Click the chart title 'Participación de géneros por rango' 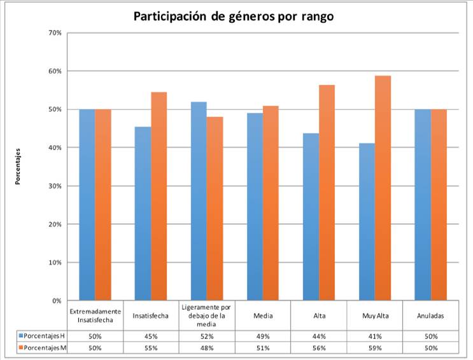click(x=233, y=17)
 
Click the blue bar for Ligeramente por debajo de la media click(x=199, y=201)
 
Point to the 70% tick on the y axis click(x=55, y=32)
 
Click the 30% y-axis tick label click(x=55, y=186)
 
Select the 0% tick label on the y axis click(x=57, y=300)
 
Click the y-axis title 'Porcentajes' click(x=19, y=166)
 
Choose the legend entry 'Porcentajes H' click(x=41, y=335)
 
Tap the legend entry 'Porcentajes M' click(x=41, y=347)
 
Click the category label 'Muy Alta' click(x=374, y=315)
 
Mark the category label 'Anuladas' click(x=430, y=315)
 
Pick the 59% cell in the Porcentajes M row click(x=374, y=347)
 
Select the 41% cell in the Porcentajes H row click(x=374, y=335)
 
